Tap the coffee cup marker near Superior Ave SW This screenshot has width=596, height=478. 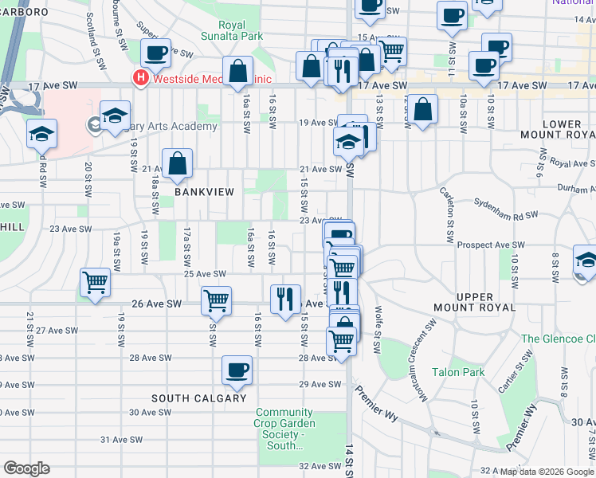(x=155, y=54)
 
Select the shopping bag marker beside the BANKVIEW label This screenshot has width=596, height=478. (x=178, y=165)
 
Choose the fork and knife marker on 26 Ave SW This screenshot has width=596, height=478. (x=285, y=300)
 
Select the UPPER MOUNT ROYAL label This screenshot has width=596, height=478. (x=475, y=302)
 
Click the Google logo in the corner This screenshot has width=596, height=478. (x=26, y=468)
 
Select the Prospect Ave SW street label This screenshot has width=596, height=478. (x=492, y=245)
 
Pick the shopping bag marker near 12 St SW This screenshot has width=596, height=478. (x=425, y=110)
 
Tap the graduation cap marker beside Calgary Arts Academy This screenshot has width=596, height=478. (x=115, y=116)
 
